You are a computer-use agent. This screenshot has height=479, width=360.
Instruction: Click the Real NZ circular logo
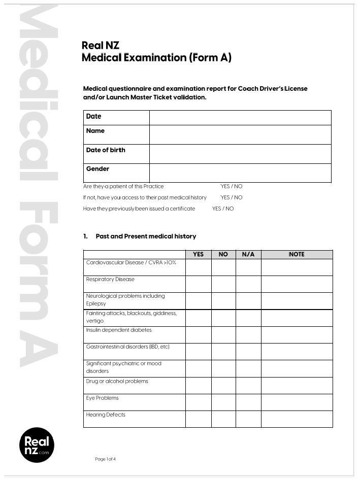pyautogui.click(x=37, y=445)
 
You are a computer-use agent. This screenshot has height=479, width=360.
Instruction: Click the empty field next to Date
pyautogui.click(x=240, y=117)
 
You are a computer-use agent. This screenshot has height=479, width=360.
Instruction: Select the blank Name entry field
pyautogui.click(x=240, y=134)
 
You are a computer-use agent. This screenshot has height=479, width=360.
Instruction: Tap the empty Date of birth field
pyautogui.click(x=240, y=154)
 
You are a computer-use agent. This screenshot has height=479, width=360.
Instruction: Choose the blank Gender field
pyautogui.click(x=240, y=173)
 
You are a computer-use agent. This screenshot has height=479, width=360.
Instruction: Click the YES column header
pyautogui.click(x=198, y=254)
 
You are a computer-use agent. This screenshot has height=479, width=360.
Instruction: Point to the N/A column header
pyautogui.click(x=248, y=254)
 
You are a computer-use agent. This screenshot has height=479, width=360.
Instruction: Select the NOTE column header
pyautogui.click(x=297, y=254)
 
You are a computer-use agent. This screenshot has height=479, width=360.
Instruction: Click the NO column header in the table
pyautogui.click(x=223, y=254)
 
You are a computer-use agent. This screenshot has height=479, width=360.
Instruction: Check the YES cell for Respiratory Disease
pyautogui.click(x=198, y=284)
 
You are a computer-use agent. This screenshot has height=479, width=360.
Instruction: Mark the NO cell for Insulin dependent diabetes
pyautogui.click(x=223, y=334)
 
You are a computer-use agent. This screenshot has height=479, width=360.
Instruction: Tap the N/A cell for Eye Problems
pyautogui.click(x=248, y=402)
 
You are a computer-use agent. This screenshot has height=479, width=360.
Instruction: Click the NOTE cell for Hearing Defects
pyautogui.click(x=297, y=419)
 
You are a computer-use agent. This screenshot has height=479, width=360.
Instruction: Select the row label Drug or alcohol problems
pyautogui.click(x=117, y=381)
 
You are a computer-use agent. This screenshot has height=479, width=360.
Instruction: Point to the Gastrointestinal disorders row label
pyautogui.click(x=127, y=347)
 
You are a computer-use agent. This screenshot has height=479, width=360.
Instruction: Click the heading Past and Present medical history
pyautogui.click(x=146, y=236)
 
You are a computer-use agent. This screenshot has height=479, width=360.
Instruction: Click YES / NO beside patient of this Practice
pyautogui.click(x=232, y=186)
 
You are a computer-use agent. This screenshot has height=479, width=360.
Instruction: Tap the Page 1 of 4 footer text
pyautogui.click(x=106, y=459)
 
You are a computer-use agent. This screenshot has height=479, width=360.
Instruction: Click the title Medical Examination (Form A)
pyautogui.click(x=156, y=58)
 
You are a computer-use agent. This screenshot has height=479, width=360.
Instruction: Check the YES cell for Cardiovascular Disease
pyautogui.click(x=198, y=267)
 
